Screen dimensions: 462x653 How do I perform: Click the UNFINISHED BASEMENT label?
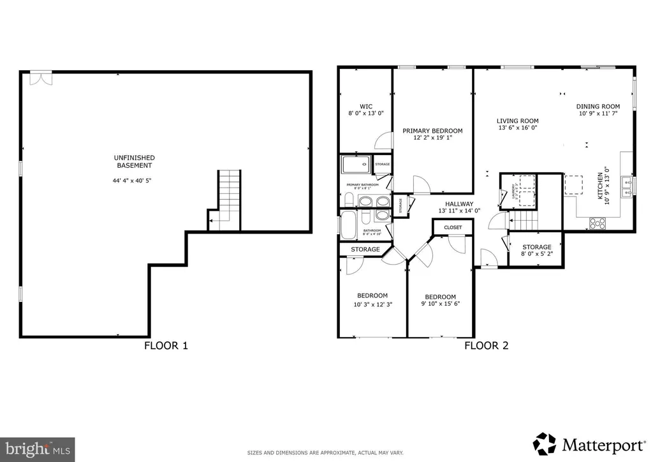pyautogui.click(x=134, y=161)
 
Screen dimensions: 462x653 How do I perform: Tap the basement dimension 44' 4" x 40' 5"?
pyautogui.click(x=134, y=181)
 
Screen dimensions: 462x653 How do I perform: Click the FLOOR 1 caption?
pyautogui.click(x=166, y=346)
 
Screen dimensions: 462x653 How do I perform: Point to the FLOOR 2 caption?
pyautogui.click(x=486, y=346)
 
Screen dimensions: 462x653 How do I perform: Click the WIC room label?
pyautogui.click(x=365, y=107)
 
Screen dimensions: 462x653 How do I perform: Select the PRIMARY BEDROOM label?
pyautogui.click(x=432, y=131)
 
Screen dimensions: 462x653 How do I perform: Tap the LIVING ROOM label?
pyautogui.click(x=518, y=121)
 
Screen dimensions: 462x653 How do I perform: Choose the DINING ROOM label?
pyautogui.click(x=598, y=107)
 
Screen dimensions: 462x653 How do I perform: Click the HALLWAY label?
pyautogui.click(x=459, y=203)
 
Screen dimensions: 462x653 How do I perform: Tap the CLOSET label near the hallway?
pyautogui.click(x=453, y=227)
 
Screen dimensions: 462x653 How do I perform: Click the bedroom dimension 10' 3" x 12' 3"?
pyautogui.click(x=372, y=304)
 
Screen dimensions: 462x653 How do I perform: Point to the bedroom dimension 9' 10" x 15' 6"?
pyautogui.click(x=440, y=304)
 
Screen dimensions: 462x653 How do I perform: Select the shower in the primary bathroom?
pyautogui.click(x=355, y=165)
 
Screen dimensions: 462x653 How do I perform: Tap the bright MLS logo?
pyautogui.click(x=37, y=449)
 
